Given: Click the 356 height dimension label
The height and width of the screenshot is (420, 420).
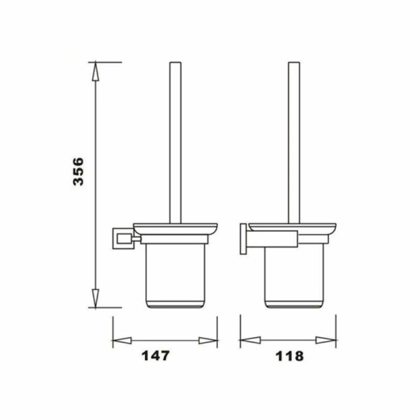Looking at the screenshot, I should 78,171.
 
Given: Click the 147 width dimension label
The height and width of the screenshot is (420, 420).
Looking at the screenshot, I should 156,356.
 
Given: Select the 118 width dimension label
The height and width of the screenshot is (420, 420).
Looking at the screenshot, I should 289,356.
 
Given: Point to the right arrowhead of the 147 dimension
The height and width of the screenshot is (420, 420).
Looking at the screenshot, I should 208,340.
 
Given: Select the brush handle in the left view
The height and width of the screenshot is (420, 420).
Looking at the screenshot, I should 175,142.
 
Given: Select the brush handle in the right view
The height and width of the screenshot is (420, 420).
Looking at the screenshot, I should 294,142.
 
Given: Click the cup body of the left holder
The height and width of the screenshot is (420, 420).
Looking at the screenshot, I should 175,276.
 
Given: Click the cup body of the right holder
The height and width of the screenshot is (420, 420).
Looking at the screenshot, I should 294,276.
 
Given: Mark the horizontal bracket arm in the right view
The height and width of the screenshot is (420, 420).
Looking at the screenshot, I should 273,238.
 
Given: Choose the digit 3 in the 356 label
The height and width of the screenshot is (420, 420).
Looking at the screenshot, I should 78,181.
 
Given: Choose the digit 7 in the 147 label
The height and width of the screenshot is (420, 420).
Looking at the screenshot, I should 165,356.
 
